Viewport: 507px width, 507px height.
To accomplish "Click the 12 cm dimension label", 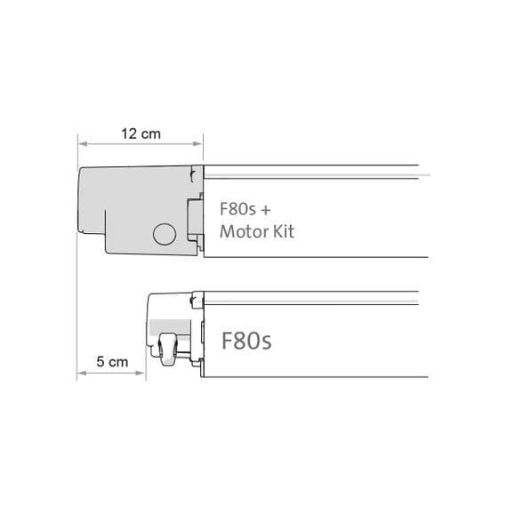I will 141,133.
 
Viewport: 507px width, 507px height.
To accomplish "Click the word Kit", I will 281,232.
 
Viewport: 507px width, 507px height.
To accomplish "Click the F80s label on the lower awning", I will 246,341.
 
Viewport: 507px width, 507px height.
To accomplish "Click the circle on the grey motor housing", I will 165,234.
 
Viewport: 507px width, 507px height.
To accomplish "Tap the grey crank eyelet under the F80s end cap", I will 169,348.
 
